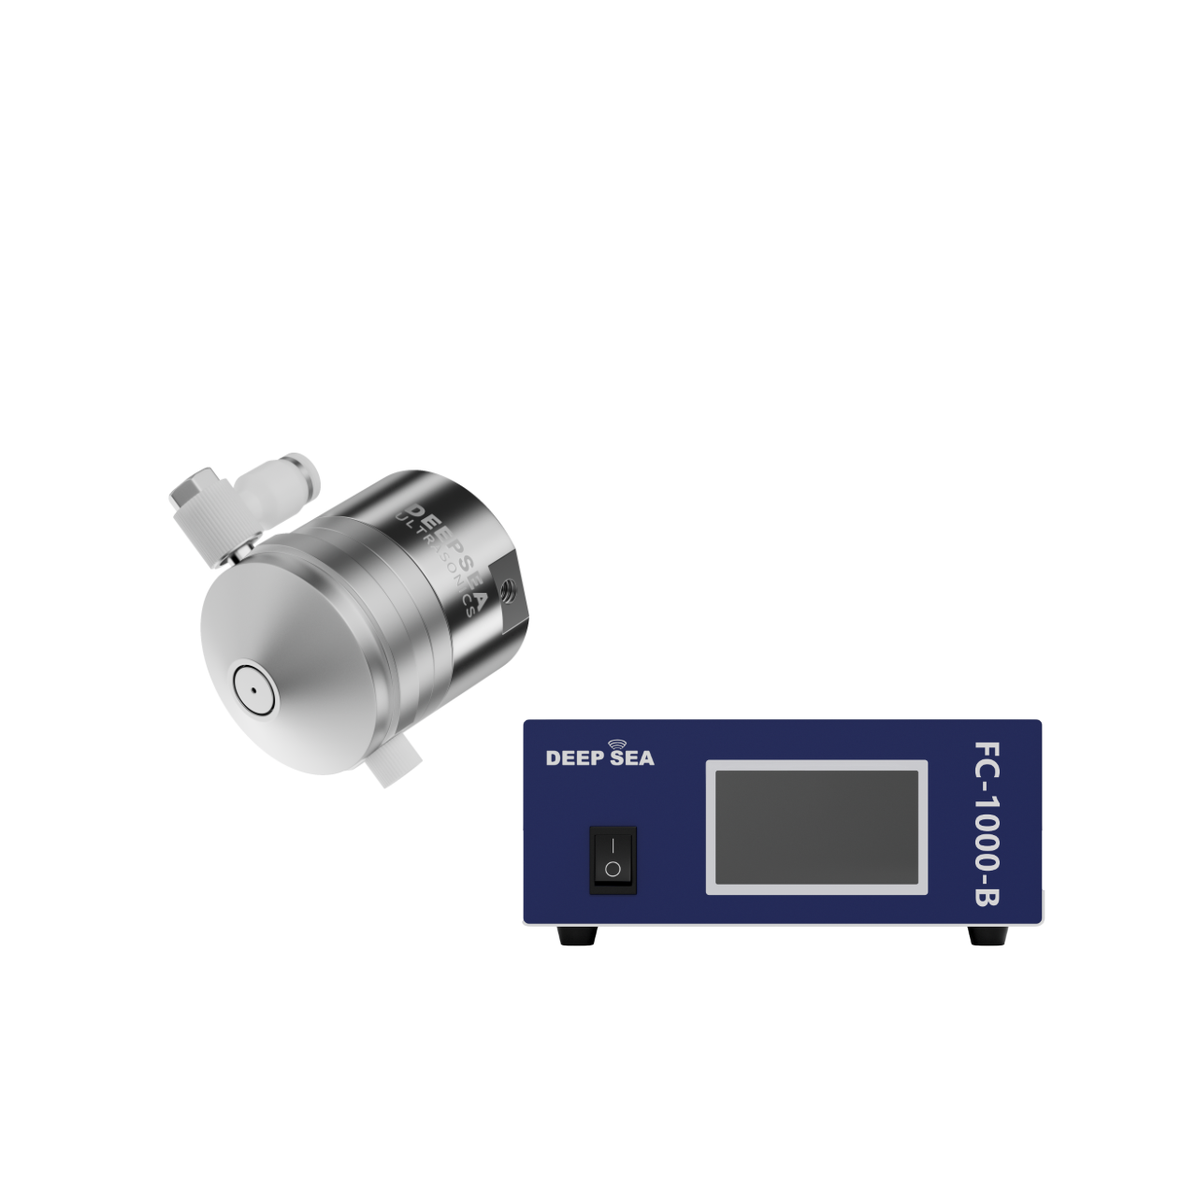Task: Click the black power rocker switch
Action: (x=613, y=859)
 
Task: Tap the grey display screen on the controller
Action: (x=816, y=827)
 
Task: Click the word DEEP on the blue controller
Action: (x=574, y=757)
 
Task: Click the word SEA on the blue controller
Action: (x=632, y=757)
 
